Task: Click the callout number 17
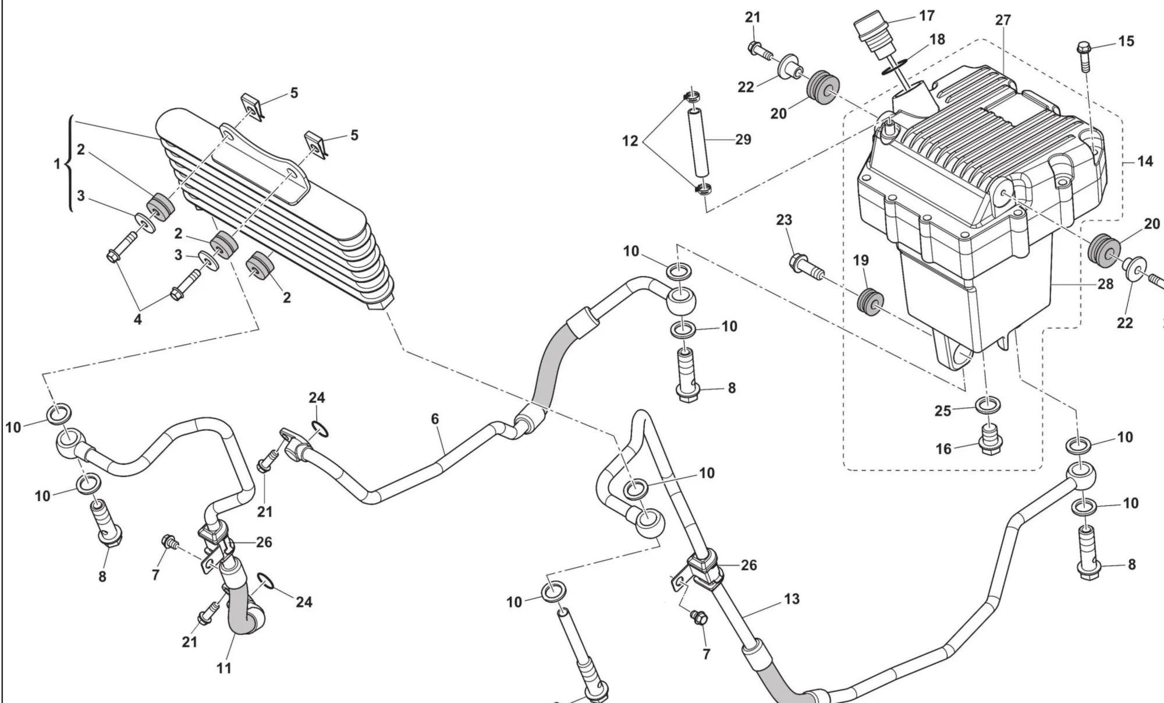[x=927, y=16]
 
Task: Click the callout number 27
[x=1003, y=20]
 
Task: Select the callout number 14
[x=1145, y=161]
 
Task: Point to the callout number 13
[x=792, y=599]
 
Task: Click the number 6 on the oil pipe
[x=435, y=419]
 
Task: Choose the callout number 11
[x=224, y=668]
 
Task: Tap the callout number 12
[x=630, y=141]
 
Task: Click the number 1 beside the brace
[x=57, y=164]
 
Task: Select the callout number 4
[x=137, y=319]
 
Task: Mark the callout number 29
[x=743, y=139]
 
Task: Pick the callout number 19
[x=861, y=260]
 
